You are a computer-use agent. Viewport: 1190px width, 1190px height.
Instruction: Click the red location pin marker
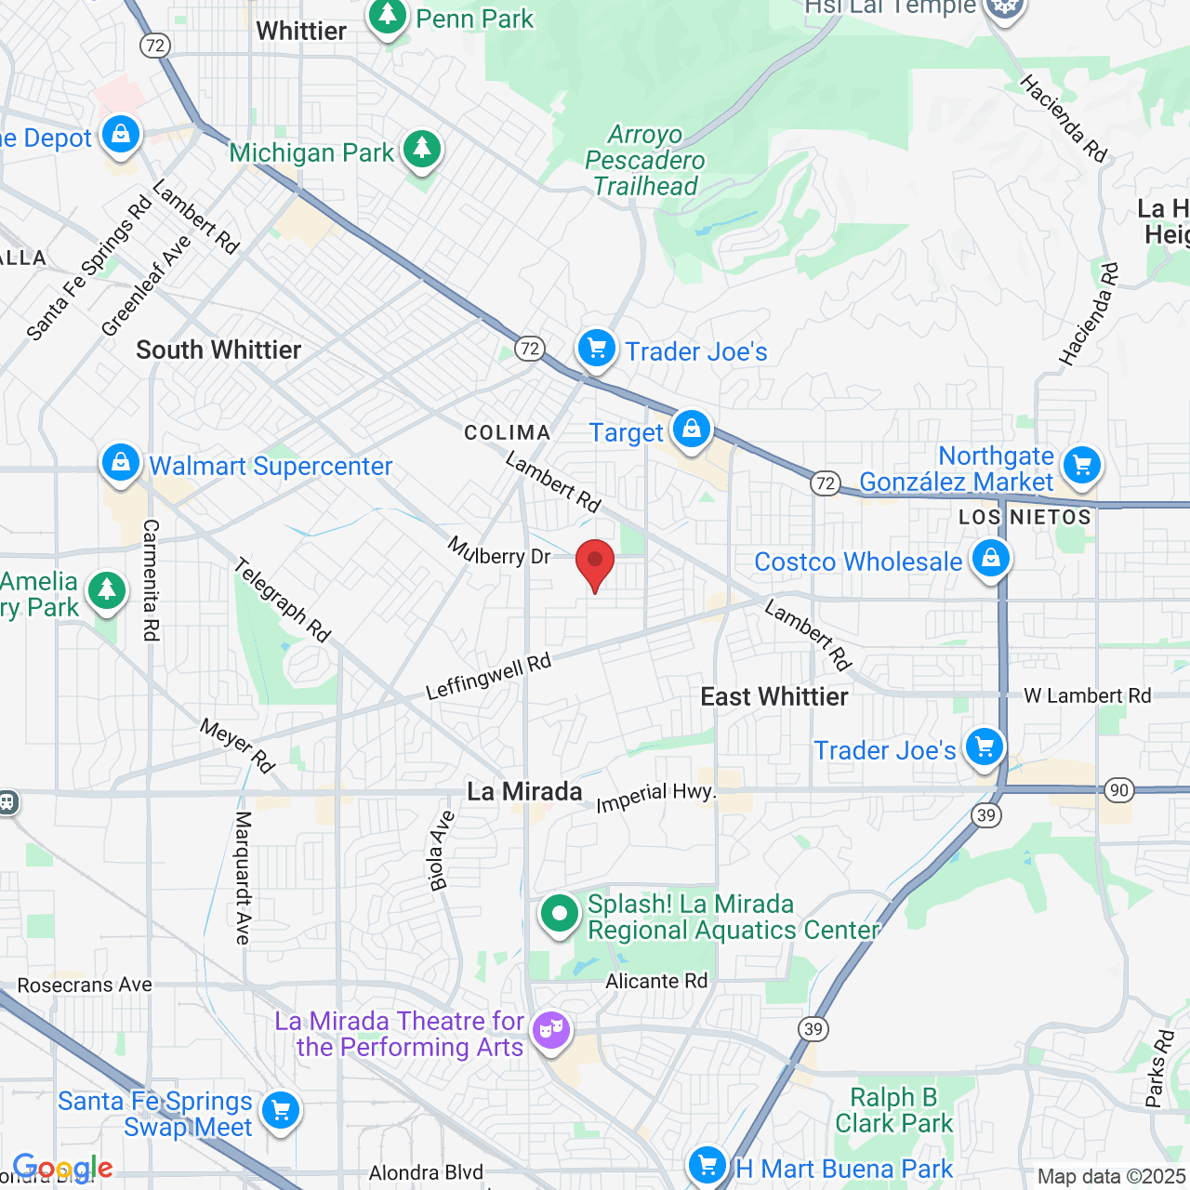click(595, 563)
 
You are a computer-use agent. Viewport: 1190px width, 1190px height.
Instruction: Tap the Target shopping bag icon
click(691, 430)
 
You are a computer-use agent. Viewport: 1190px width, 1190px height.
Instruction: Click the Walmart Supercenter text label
click(271, 466)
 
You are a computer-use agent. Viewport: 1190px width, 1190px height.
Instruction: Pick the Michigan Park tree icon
click(422, 150)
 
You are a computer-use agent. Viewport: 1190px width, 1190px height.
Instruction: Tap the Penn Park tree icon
click(388, 17)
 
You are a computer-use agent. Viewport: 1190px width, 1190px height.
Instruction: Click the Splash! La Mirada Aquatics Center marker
click(560, 915)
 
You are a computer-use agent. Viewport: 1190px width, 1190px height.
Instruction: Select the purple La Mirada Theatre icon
click(551, 1030)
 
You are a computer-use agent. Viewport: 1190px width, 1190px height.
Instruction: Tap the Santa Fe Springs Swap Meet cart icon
click(280, 1111)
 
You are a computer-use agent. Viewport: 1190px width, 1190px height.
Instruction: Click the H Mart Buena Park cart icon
click(707, 1165)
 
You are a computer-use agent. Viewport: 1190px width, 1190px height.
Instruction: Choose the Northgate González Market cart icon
click(1081, 466)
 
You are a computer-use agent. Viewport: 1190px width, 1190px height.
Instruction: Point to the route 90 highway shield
click(1118, 791)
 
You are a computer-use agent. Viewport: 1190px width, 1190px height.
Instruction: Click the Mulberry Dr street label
click(499, 552)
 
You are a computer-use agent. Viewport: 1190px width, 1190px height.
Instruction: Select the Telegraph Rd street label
click(282, 600)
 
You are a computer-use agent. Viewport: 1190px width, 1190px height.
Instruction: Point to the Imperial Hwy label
click(655, 797)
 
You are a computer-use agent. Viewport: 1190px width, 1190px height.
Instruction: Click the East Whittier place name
click(773, 696)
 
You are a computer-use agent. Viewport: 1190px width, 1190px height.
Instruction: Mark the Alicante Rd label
click(656, 981)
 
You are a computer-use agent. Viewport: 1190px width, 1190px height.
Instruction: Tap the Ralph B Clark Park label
click(893, 1110)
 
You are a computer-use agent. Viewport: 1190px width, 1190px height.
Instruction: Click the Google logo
click(63, 1168)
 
